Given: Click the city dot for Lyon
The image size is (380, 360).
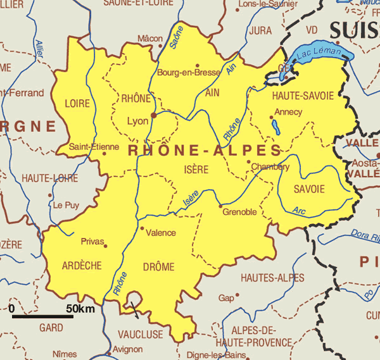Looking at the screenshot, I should [154, 115].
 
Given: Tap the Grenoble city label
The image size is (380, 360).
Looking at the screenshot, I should [239, 212].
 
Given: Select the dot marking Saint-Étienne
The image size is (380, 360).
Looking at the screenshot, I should [104, 152].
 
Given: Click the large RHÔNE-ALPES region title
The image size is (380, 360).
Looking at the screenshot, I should [205, 150].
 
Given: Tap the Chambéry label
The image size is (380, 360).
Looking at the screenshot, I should [270, 167].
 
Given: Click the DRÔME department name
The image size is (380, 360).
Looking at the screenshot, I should [158, 267].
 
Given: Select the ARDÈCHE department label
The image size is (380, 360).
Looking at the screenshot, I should [82, 266].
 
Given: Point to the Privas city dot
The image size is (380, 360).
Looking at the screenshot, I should [105, 246].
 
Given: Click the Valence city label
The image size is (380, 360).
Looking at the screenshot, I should [161, 233].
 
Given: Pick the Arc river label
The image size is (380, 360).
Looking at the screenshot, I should [300, 209].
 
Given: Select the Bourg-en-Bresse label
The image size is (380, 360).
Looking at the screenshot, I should [188, 72].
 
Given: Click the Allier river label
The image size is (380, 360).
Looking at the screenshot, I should [41, 50].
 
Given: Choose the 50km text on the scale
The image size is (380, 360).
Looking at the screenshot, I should [80, 308].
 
